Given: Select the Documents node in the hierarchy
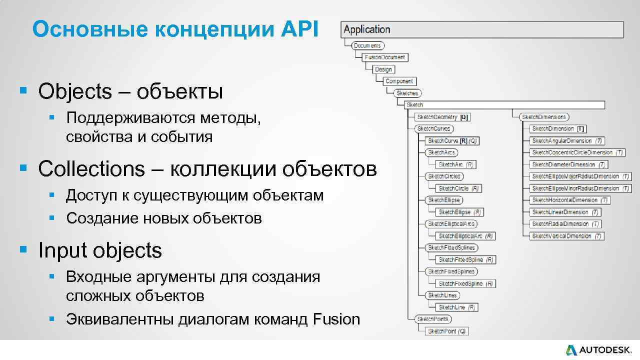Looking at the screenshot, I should click(367, 45).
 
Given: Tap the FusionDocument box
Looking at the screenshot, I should click(384, 57).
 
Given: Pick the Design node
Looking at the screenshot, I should click(384, 69).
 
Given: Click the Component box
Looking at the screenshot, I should click(399, 81).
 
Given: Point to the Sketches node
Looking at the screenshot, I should click(407, 93).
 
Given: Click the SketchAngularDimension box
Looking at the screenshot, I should click(567, 141).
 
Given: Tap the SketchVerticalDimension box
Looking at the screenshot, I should click(566, 236).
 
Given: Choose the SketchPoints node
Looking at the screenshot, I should click(433, 319).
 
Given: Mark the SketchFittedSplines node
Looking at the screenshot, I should click(451, 247).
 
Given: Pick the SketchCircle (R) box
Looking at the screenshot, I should click(458, 188).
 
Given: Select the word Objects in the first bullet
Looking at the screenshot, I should click(75, 91).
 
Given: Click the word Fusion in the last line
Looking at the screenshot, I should click(336, 319).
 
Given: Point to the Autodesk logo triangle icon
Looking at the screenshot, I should click(571, 350).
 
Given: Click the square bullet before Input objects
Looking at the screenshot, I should click(22, 249).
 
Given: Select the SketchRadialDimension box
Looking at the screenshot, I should click(565, 224).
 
